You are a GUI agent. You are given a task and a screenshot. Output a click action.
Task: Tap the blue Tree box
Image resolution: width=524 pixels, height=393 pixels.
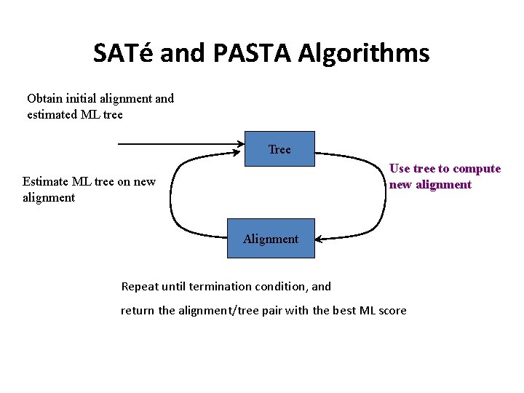(x=279, y=149)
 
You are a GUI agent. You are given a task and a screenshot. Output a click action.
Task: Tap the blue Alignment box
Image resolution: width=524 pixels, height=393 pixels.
(x=271, y=238)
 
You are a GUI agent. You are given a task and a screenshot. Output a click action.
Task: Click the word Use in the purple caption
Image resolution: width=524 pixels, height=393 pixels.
(x=400, y=169)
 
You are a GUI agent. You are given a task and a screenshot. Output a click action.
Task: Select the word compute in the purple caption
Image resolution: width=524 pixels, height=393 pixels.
(x=477, y=169)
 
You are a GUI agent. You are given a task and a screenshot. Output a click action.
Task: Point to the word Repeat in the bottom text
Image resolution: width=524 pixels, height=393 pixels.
(x=140, y=287)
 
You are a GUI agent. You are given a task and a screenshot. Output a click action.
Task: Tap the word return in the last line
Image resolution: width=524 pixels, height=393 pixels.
(x=138, y=311)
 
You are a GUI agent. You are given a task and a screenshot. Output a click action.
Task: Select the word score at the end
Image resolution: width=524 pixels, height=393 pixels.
(x=392, y=311)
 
